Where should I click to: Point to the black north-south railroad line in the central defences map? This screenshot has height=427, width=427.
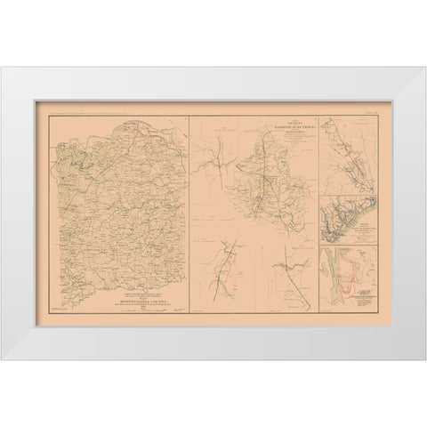pyautogui.click(x=259, y=187)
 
